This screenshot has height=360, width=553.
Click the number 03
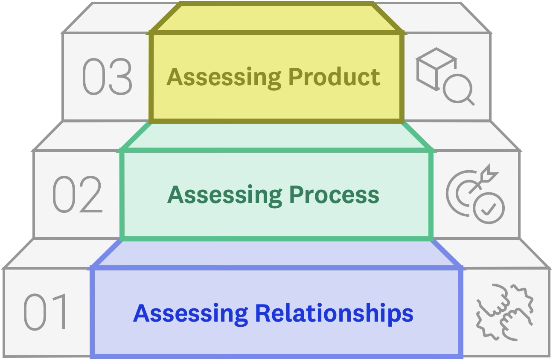pyautogui.click(x=107, y=77)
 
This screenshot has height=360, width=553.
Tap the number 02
pyautogui.click(x=78, y=196)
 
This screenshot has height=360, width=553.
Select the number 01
pyautogui.click(x=46, y=312)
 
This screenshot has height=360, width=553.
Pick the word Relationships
pyautogui.click(x=334, y=314)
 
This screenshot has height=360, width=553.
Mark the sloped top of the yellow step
pyautogui.click(x=276, y=17)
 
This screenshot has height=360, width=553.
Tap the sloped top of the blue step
pyautogui.click(x=276, y=254)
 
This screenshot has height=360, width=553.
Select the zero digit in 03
pyautogui.click(x=93, y=77)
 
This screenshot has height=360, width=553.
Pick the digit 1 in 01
pyautogui.click(x=58, y=312)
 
